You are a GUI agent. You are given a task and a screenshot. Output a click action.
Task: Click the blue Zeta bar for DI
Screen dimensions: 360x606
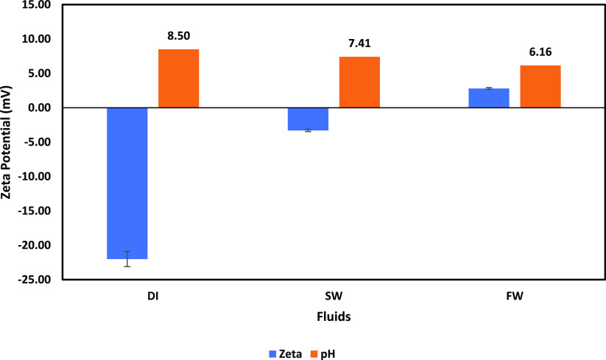pyautogui.click(x=127, y=183)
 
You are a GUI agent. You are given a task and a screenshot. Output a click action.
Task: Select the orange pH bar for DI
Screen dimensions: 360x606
pyautogui.click(x=179, y=78)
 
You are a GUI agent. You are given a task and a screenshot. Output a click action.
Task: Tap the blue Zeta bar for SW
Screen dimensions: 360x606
pyautogui.click(x=308, y=119)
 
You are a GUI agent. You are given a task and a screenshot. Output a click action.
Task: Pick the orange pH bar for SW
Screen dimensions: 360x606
pyautogui.click(x=359, y=82)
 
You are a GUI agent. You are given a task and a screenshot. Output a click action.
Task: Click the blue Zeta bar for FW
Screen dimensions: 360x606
pyautogui.click(x=489, y=98)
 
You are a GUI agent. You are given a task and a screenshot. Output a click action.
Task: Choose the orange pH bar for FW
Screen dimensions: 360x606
pyautogui.click(x=540, y=86)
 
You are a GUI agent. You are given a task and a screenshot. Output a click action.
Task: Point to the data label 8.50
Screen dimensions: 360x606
pyautogui.click(x=179, y=35)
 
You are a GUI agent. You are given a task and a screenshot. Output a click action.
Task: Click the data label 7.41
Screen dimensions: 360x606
pyautogui.click(x=359, y=43)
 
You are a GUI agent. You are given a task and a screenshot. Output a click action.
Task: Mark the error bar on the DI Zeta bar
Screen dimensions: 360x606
pyautogui.click(x=127, y=259)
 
